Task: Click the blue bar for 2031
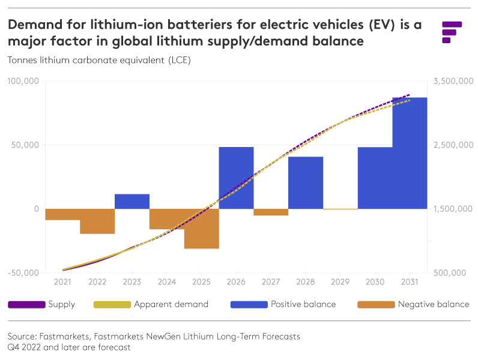(410, 153)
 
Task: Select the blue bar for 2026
(236, 178)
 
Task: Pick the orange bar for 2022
(97, 221)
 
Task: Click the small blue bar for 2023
(132, 202)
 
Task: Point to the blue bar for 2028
(306, 182)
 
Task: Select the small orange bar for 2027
(271, 212)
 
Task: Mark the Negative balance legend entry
(414, 304)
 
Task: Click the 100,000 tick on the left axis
(23, 81)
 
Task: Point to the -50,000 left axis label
(23, 273)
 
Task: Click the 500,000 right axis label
(450, 273)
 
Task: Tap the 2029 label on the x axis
(340, 282)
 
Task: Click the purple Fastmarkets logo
(451, 32)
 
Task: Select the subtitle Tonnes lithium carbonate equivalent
(99, 60)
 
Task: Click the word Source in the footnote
(22, 337)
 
